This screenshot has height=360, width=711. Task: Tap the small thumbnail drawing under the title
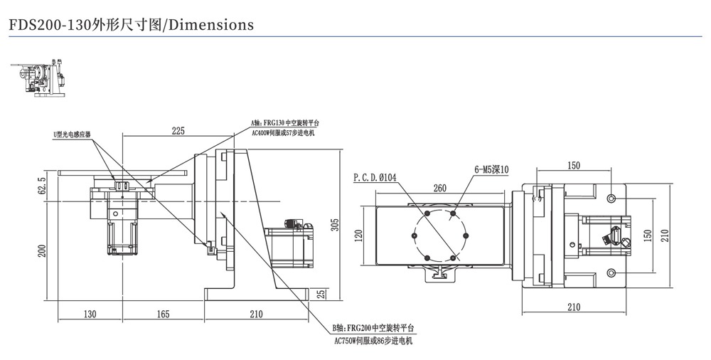click(x=41, y=78)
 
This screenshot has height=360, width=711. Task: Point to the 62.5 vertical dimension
click(x=42, y=186)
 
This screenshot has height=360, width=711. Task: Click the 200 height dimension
click(x=42, y=250)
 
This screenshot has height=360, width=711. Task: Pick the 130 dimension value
click(x=90, y=314)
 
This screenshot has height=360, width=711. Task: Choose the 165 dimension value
click(x=162, y=314)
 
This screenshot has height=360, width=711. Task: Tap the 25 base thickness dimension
click(x=321, y=294)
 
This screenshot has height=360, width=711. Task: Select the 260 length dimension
click(x=439, y=189)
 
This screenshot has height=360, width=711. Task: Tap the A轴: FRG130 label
click(x=279, y=123)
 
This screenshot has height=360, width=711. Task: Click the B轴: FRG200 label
click(x=373, y=329)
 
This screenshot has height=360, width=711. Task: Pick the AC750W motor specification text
click(x=373, y=341)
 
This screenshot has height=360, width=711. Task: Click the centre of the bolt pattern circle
click(x=439, y=236)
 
